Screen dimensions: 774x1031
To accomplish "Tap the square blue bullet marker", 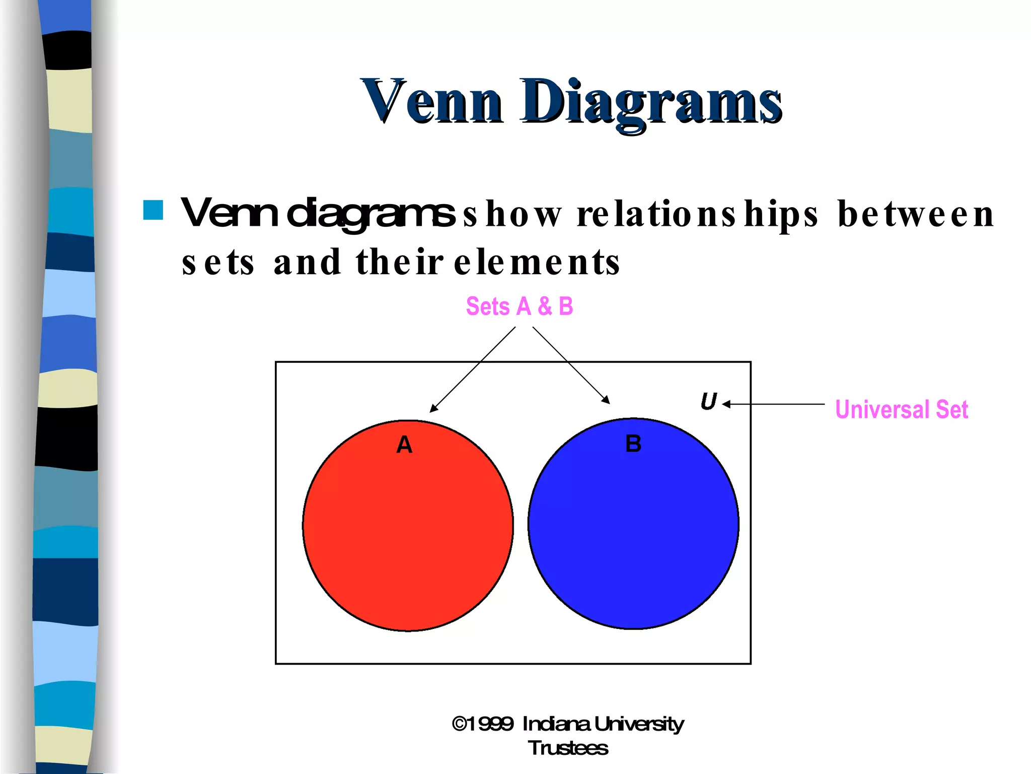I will pyautogui.click(x=153, y=210).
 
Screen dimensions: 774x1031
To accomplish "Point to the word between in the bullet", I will pyautogui.click(x=916, y=214).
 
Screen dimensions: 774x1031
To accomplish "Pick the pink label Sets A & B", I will pyautogui.click(x=519, y=306).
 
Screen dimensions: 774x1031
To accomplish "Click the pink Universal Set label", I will pyautogui.click(x=901, y=409).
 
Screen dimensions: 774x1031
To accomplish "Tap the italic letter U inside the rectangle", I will pyautogui.click(x=708, y=402).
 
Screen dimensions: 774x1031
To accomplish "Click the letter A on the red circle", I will pyautogui.click(x=404, y=445).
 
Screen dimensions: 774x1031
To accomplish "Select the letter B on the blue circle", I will pyautogui.click(x=633, y=444).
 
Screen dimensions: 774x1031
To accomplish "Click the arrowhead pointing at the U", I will pyautogui.click(x=726, y=404).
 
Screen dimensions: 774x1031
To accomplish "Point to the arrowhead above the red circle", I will pyautogui.click(x=433, y=409).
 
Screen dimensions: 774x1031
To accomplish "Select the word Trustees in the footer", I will pyautogui.click(x=568, y=748).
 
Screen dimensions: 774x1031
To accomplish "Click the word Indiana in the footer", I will pyautogui.click(x=556, y=724).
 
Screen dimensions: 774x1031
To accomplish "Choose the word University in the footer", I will pyautogui.click(x=639, y=724).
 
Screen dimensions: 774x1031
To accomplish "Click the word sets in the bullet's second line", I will pyautogui.click(x=218, y=263).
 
